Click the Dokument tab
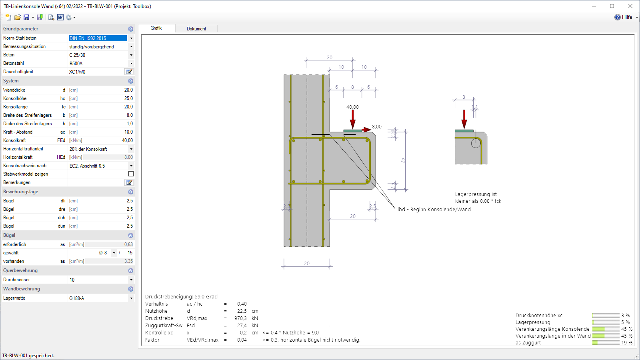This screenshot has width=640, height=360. click(x=196, y=28)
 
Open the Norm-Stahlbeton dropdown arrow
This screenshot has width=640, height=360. click(x=131, y=38)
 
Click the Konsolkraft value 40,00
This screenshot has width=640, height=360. click(x=127, y=140)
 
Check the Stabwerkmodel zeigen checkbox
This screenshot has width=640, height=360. click(x=131, y=174)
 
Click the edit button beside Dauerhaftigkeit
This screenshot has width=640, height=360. click(x=129, y=72)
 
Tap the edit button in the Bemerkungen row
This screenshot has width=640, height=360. click(x=129, y=182)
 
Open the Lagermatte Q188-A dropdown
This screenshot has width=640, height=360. click(x=131, y=298)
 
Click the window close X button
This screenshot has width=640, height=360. click(x=630, y=6)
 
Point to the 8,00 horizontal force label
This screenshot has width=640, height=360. click(x=376, y=126)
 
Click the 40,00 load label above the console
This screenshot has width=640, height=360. click(x=352, y=107)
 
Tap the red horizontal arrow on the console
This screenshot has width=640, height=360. click(x=366, y=130)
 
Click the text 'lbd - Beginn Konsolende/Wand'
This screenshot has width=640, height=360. click(x=434, y=210)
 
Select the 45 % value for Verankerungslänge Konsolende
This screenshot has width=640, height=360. click(x=626, y=329)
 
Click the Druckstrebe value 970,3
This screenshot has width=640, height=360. click(x=240, y=318)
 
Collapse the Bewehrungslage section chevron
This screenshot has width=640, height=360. click(x=130, y=192)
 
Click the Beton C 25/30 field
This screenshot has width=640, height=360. click(x=97, y=55)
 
